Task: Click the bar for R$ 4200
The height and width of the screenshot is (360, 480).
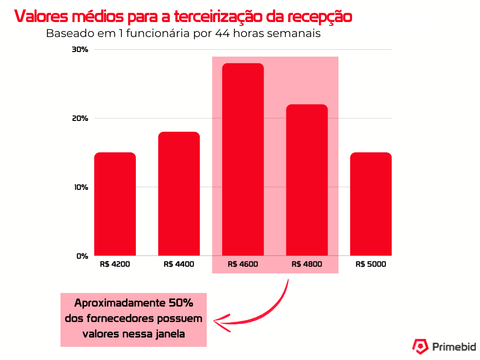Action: pyautogui.click(x=115, y=204)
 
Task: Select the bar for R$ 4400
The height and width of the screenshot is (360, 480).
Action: pyautogui.click(x=179, y=194)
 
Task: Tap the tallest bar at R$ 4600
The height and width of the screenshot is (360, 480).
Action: pyautogui.click(x=243, y=159)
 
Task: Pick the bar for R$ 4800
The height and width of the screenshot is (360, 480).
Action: pyautogui.click(x=307, y=180)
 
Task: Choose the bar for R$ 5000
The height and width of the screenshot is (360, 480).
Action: pyautogui.click(x=371, y=204)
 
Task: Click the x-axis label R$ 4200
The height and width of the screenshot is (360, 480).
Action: pyautogui.click(x=115, y=264)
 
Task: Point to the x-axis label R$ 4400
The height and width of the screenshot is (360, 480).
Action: pyautogui.click(x=179, y=264)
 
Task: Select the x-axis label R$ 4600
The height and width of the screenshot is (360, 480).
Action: pyautogui.click(x=243, y=264)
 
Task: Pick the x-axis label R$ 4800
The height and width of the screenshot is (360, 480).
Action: pyautogui.click(x=307, y=264)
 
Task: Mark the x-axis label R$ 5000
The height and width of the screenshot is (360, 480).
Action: pyautogui.click(x=371, y=264)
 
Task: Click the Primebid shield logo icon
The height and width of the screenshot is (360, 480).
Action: pyautogui.click(x=420, y=346)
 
